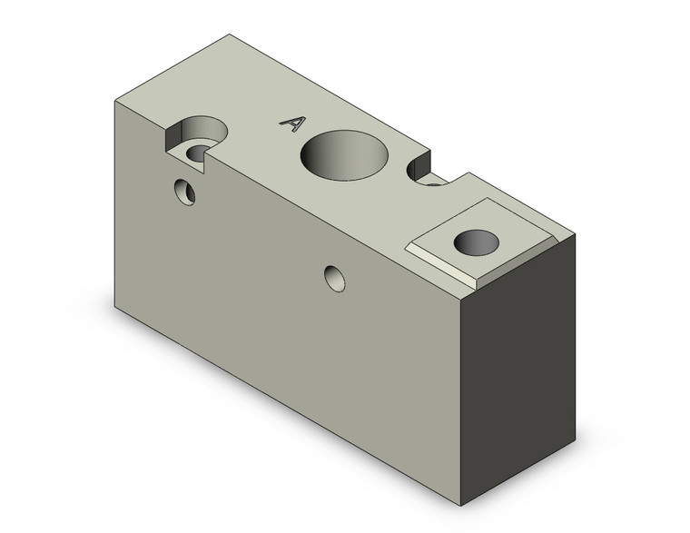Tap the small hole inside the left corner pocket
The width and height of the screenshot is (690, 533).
coord(198,152)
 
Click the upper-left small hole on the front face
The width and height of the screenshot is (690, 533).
coord(186,192)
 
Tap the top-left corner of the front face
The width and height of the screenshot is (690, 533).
coord(113,100)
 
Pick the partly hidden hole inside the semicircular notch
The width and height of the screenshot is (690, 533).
coord(434,183)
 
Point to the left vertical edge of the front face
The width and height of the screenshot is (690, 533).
coord(113,204)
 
